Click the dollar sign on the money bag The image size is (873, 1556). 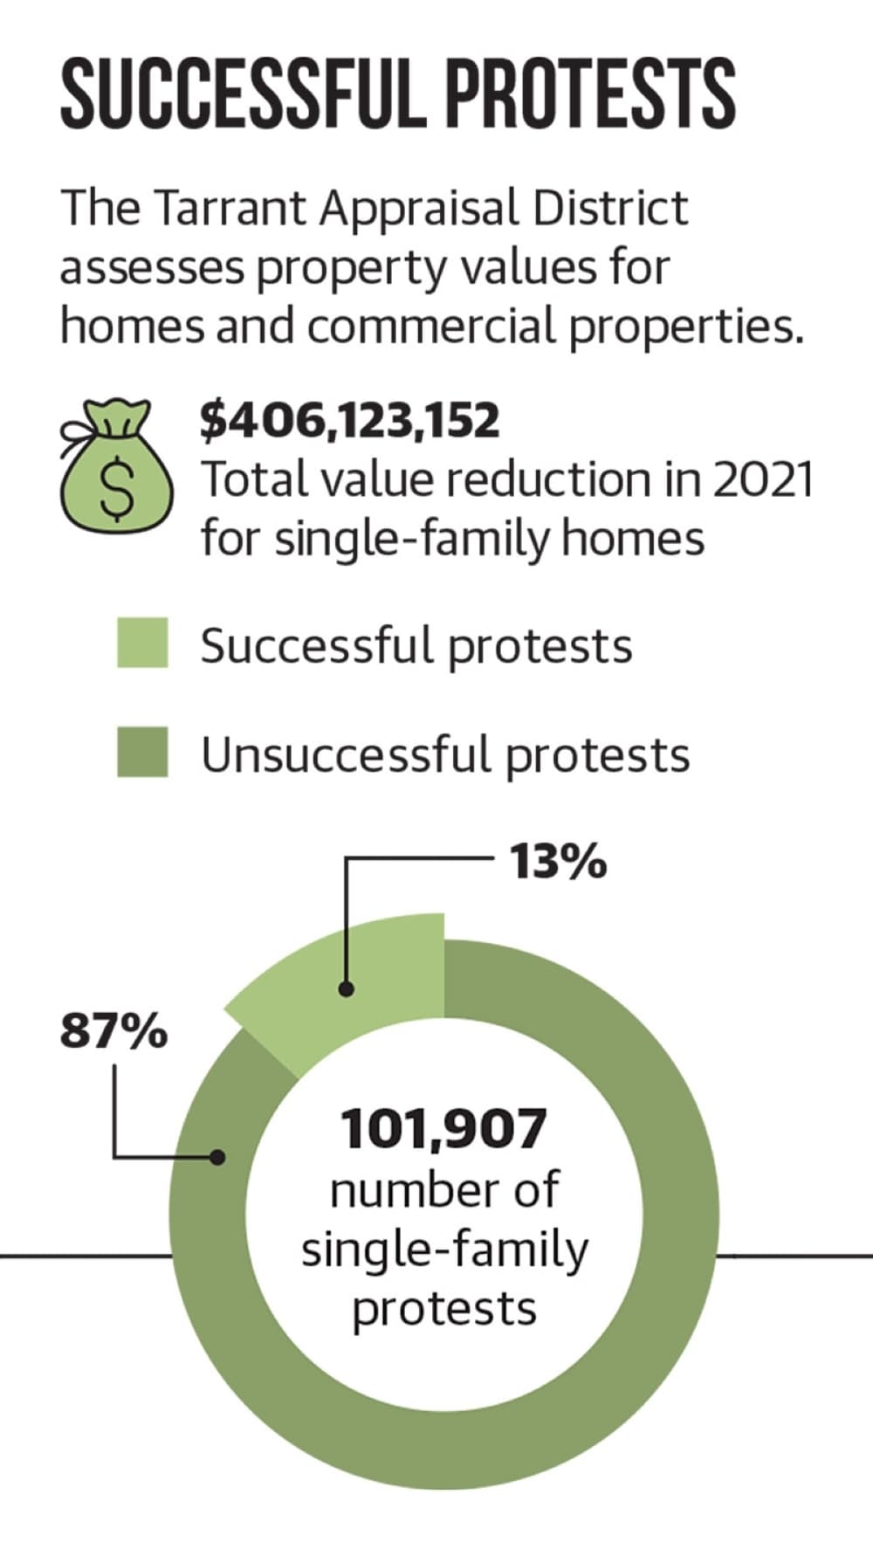point(116,489)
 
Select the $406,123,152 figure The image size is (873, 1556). point(350,421)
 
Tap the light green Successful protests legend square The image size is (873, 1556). point(142,643)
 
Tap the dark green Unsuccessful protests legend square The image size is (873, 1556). point(142,752)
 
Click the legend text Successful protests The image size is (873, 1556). point(416,646)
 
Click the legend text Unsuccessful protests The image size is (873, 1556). point(445,754)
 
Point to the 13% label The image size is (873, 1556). point(558,863)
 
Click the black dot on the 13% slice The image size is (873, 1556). point(347,989)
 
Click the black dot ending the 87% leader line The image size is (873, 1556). point(217,1157)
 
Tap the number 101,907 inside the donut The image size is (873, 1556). point(443,1129)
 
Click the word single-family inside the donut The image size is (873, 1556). point(445,1251)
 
